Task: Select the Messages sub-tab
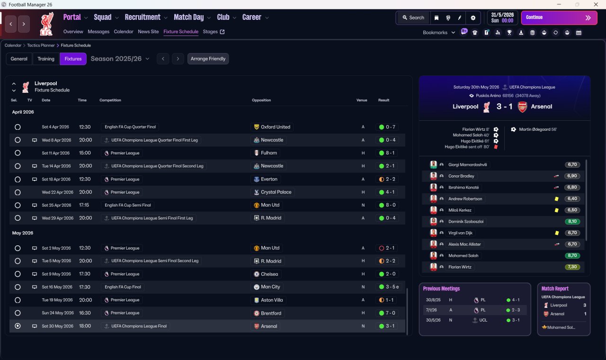point(98,32)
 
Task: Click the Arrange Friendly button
point(208,59)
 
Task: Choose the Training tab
point(46,59)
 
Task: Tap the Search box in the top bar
point(413,18)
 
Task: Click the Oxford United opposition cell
point(272,127)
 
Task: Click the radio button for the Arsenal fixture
point(18,326)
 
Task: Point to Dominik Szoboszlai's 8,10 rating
point(572,221)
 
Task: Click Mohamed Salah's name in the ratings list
point(463,256)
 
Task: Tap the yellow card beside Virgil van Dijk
point(556,233)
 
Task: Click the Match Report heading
point(555,288)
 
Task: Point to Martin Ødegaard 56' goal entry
point(538,129)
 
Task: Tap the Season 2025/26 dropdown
point(120,59)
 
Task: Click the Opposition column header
point(261,100)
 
